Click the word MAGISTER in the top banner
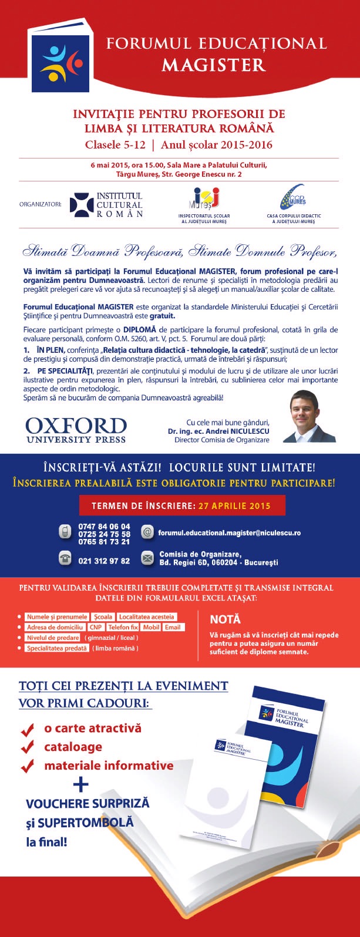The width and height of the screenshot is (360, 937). pos(214,65)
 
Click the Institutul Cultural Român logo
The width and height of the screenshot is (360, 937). pos(106,204)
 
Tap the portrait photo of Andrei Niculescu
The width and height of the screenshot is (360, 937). pos(309,416)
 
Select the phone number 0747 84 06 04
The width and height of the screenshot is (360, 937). pos(104,527)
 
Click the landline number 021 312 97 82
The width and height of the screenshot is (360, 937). pos(104,561)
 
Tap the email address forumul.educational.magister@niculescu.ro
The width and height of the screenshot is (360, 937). pos(229,532)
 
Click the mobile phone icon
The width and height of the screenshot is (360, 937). pos(65,532)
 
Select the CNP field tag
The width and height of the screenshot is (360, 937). pos(96,627)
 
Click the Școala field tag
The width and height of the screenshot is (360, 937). pos(103,617)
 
